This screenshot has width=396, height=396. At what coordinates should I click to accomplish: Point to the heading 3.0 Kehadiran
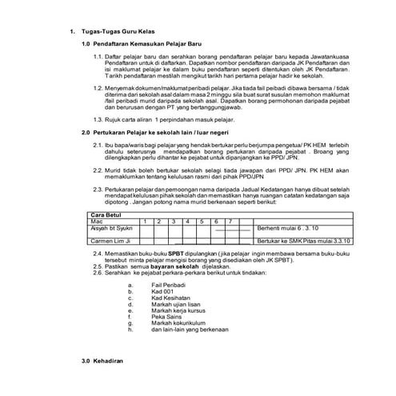click(101, 362)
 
